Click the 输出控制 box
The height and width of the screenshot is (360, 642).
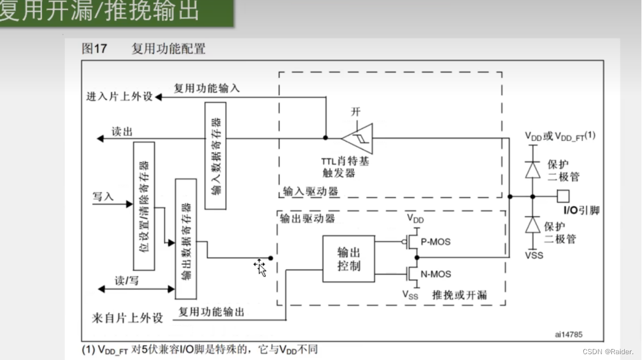[348, 259]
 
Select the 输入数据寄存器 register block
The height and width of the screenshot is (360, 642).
[215, 155]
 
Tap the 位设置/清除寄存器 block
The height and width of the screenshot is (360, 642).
[144, 206]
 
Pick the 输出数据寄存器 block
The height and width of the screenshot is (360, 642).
[186, 239]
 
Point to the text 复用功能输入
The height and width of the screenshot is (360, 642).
[207, 88]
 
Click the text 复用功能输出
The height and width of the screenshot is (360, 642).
[211, 312]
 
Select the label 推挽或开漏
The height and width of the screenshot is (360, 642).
[459, 295]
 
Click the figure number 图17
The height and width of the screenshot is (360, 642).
[95, 49]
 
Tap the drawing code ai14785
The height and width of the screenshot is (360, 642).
[568, 334]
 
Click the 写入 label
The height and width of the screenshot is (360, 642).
[103, 196]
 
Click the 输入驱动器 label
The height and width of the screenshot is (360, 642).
[311, 191]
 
